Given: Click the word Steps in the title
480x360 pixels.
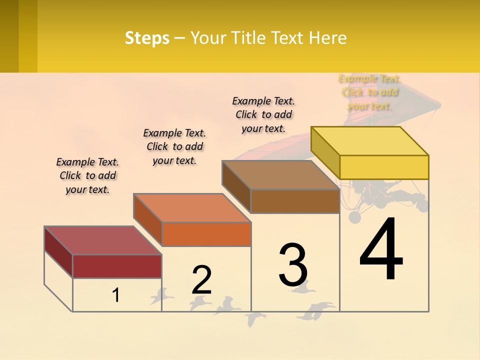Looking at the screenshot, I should point(147,38).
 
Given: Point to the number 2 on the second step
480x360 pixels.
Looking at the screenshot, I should point(201,280).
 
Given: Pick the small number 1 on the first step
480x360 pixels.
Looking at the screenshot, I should point(116,295).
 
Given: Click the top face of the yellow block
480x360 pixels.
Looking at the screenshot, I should point(370,140).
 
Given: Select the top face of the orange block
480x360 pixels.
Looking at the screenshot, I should point(192,208).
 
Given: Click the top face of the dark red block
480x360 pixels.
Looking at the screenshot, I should point(103,240).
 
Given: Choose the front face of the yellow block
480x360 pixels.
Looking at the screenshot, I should point(384,167).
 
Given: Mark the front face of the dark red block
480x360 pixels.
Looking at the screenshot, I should point(117,266).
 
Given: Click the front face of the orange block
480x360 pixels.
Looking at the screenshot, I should point(206,234).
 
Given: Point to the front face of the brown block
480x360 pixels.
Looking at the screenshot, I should point(295,201).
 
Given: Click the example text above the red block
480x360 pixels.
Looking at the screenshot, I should point(87,175).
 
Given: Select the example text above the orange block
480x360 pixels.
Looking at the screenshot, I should point(174,146).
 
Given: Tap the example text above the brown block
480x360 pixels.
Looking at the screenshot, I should point(263,114).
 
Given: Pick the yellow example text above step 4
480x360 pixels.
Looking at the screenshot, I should point(369,92).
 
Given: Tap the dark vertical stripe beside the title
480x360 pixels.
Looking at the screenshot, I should point(9,36).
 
